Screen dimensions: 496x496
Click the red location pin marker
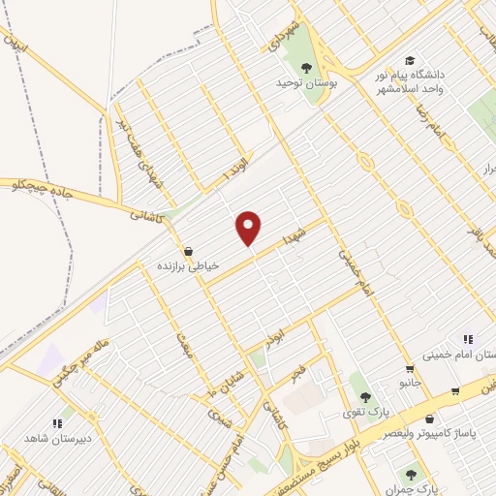pyautogui.click(x=249, y=228)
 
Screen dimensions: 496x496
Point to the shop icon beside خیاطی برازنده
pyautogui.click(x=187, y=249)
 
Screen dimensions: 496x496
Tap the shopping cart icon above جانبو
pyautogui.click(x=410, y=368)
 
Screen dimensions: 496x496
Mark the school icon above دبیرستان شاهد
pyautogui.click(x=58, y=422)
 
